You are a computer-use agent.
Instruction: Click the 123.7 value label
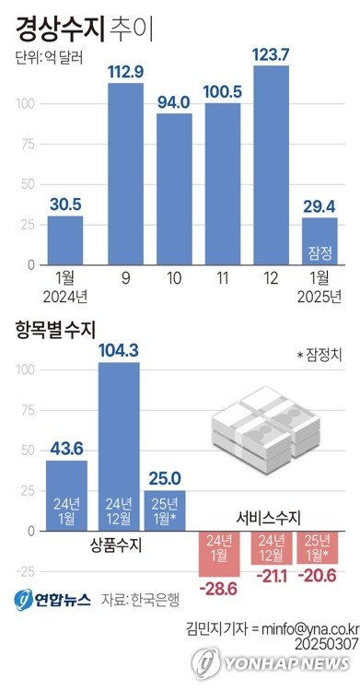(272, 54)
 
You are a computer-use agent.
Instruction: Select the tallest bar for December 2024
(272, 166)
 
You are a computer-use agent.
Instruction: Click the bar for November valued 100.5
(222, 184)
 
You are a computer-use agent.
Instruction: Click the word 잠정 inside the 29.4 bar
(319, 252)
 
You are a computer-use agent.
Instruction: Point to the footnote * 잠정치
(318, 355)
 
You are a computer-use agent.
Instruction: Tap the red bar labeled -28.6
(219, 552)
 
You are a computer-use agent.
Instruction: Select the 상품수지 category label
(118, 545)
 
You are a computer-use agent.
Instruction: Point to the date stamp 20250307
(322, 642)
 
